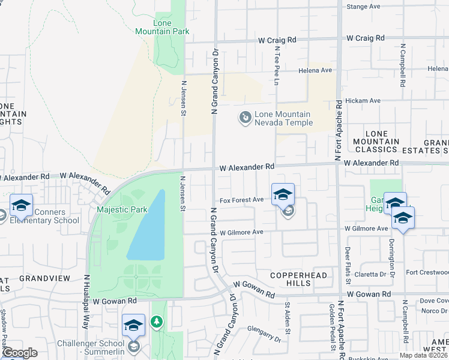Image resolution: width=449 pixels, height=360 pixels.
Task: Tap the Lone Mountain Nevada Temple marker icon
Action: coord(245,118)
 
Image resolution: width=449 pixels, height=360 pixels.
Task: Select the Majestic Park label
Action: coord(119,209)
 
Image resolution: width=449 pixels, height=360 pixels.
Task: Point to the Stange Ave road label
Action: coord(364,7)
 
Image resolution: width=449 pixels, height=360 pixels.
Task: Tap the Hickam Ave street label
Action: coord(366,101)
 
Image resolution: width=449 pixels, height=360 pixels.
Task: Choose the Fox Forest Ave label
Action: coord(241,200)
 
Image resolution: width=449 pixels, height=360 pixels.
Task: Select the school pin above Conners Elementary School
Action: coord(22,206)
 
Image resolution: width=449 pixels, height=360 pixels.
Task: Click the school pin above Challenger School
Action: coord(133,325)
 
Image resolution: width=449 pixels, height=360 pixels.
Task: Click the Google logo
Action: coord(19,352)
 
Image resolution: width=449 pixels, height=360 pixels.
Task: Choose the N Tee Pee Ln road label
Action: coord(277,67)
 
